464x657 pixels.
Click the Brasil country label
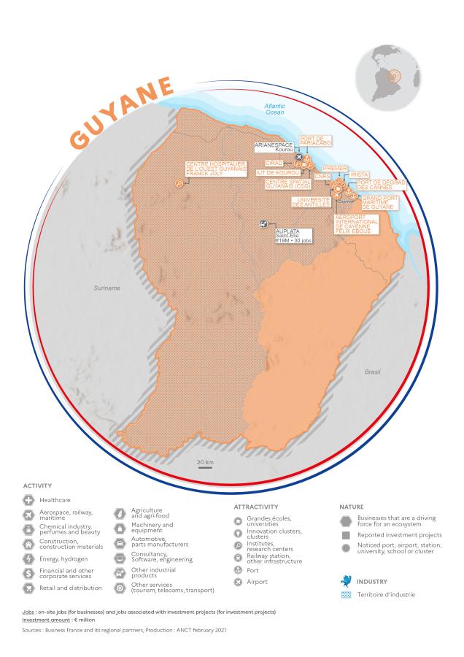[x=372, y=372]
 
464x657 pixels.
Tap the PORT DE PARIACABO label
[x=316, y=142]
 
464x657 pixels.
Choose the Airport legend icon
[x=237, y=582]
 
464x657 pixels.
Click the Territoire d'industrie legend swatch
[x=346, y=593]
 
